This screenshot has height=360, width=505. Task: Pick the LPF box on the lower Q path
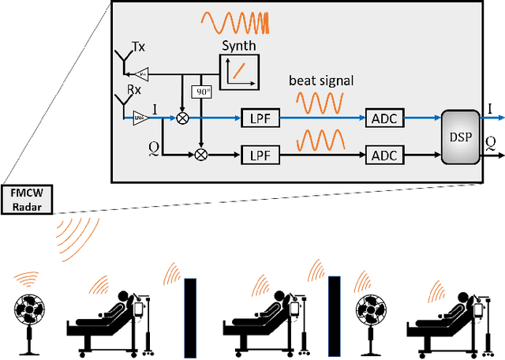260,155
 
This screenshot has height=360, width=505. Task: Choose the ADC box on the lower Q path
383,155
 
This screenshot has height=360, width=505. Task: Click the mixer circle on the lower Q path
200,155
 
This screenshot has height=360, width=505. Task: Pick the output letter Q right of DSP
490,142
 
